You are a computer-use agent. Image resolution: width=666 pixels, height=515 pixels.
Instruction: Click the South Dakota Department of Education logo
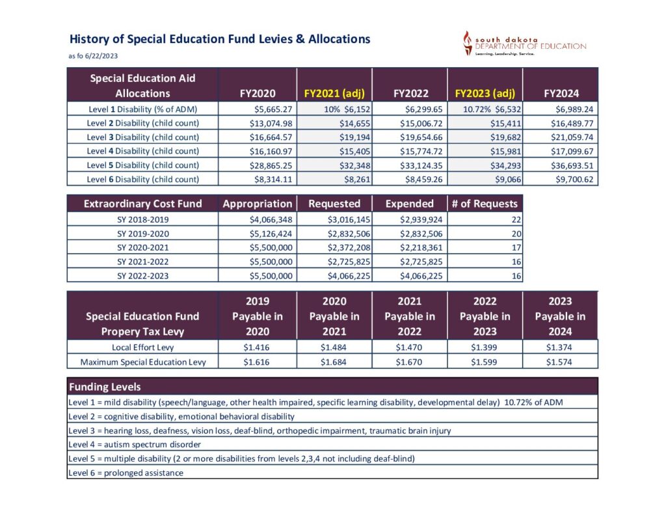(524, 44)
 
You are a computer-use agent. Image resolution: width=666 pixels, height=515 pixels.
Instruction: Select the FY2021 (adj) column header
(334, 93)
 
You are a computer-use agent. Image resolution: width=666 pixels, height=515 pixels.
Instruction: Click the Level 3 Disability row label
(142, 137)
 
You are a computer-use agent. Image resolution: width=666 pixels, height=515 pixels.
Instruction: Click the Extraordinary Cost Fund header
(142, 203)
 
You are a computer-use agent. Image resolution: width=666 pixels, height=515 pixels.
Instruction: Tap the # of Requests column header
(485, 203)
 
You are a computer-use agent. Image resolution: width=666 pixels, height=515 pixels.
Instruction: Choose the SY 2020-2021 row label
(142, 247)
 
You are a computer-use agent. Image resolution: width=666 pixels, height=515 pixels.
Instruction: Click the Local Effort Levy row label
(142, 347)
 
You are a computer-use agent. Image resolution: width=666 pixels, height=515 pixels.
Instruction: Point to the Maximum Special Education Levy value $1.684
(334, 362)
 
